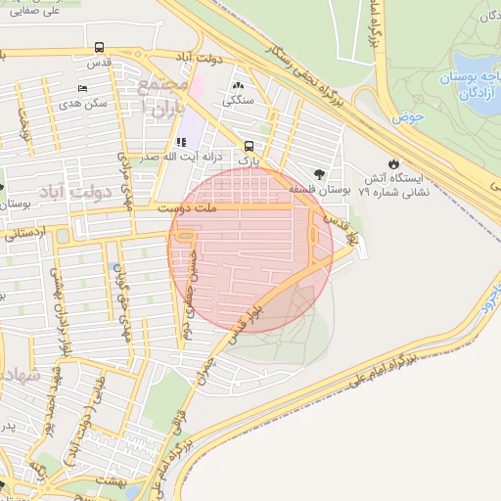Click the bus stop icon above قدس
[99, 47]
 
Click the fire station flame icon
[392, 163]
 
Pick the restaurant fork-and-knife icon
[180, 142]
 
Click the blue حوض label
[407, 118]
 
